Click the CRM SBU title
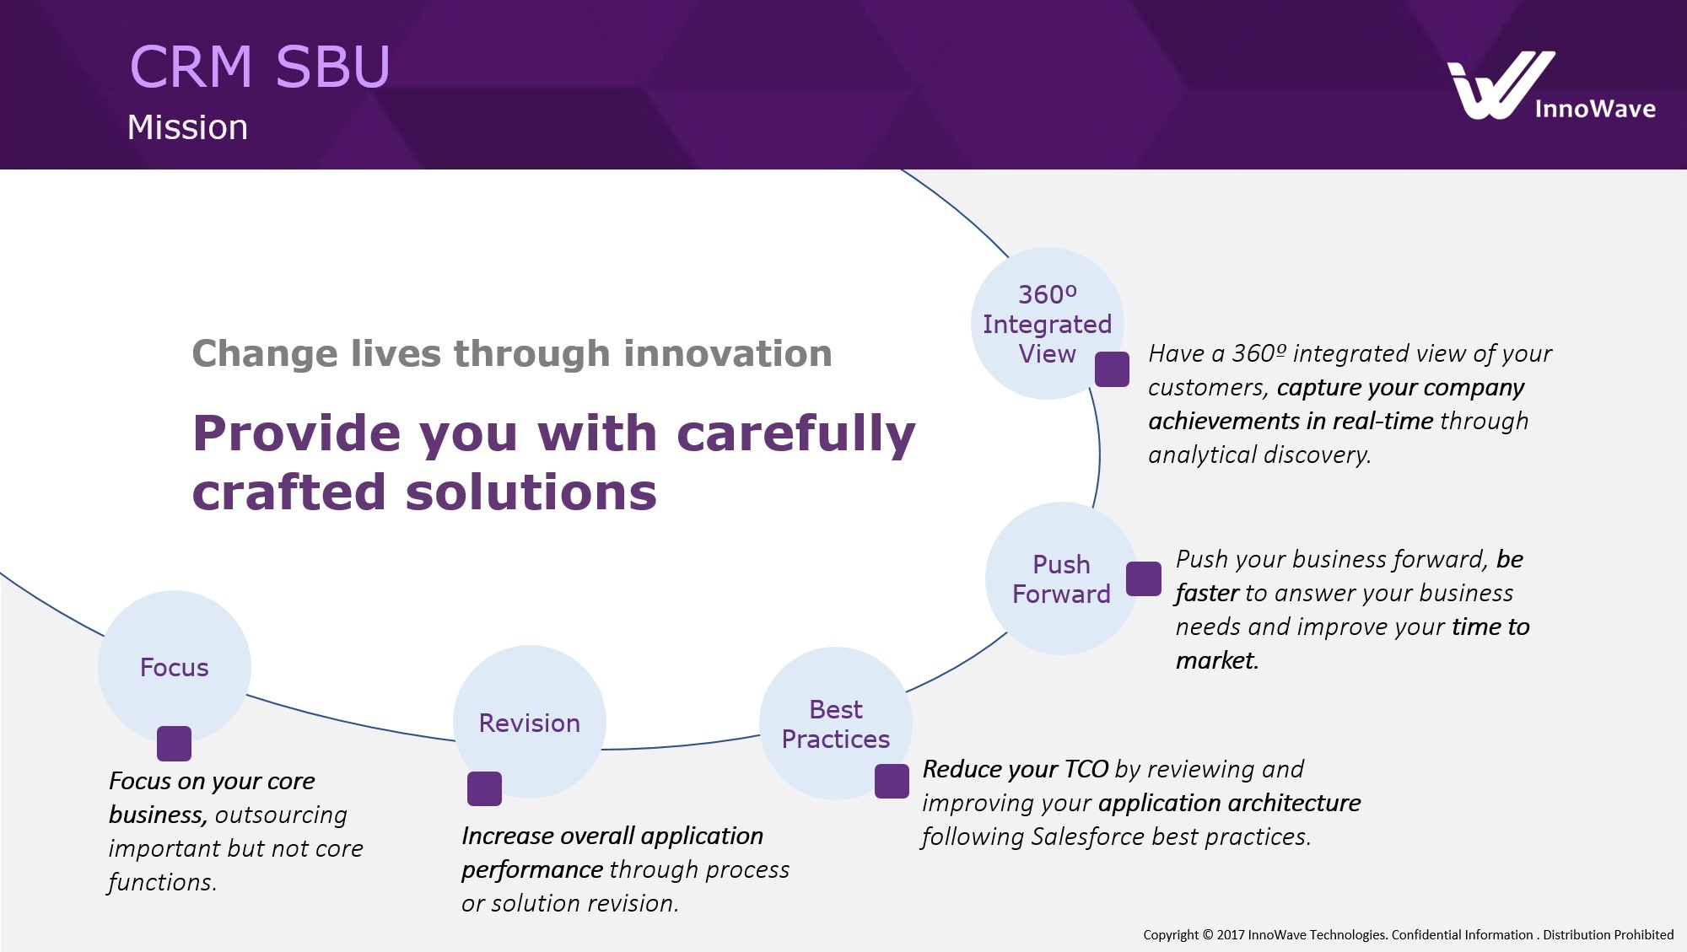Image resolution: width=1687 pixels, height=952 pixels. pyautogui.click(x=260, y=67)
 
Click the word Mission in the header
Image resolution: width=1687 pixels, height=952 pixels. pyautogui.click(x=187, y=127)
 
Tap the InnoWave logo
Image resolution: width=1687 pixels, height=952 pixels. pyautogui.click(x=1550, y=86)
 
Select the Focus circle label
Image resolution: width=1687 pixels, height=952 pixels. pyautogui.click(x=174, y=667)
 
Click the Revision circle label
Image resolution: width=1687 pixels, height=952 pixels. pyautogui.click(x=529, y=723)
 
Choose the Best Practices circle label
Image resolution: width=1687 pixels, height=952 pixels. pyautogui.click(x=835, y=724)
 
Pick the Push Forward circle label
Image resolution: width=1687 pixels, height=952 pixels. pyautogui.click(x=1061, y=579)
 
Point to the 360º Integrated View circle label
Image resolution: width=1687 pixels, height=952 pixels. pyautogui.click(x=1047, y=324)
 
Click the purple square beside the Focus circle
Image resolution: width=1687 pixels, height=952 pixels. pyautogui.click(x=174, y=744)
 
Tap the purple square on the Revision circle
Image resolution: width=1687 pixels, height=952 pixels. pyautogui.click(x=484, y=788)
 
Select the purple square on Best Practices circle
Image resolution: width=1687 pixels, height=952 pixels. pyautogui.click(x=892, y=781)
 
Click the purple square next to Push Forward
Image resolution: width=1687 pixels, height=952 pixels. pyautogui.click(x=1144, y=578)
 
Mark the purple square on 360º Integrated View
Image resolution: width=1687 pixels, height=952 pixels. pyautogui.click(x=1112, y=369)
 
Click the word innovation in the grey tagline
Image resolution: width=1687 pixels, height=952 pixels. pyautogui.click(x=727, y=353)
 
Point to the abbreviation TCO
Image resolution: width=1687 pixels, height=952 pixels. pyautogui.click(x=1086, y=769)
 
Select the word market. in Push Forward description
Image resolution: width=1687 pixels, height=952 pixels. pyautogui.click(x=1216, y=660)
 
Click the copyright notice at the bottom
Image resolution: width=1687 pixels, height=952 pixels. pyautogui.click(x=1408, y=934)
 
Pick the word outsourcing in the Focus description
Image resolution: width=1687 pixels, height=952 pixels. pyautogui.click(x=281, y=815)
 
